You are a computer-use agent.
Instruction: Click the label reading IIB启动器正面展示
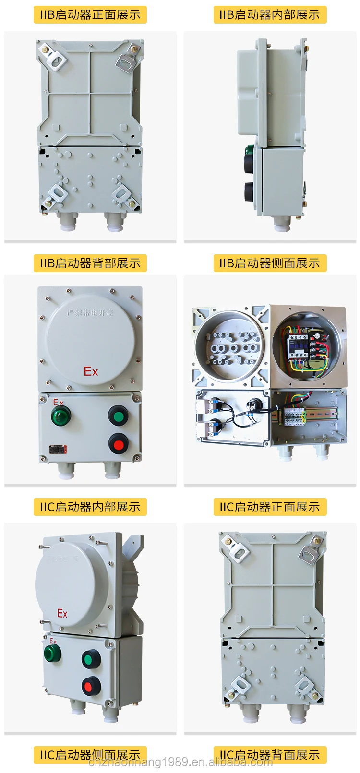pos(90,15)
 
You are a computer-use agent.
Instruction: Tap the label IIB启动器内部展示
pos(270,15)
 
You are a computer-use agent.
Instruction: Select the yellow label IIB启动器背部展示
pos(90,263)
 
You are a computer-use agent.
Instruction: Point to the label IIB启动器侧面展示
pos(270,263)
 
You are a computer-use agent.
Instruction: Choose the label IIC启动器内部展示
pos(90,507)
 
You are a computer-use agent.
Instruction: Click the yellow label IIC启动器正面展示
pos(270,507)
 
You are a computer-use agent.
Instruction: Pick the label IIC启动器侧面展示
pos(90,755)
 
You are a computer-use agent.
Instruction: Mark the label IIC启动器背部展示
pos(270,755)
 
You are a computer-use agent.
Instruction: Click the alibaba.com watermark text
pos(180,762)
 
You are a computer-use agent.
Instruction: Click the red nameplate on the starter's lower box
pos(58,450)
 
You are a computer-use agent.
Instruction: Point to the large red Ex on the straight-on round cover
pos(91,371)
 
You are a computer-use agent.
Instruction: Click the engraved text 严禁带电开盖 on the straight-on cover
pos(90,313)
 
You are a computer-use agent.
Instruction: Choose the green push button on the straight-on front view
pos(118,416)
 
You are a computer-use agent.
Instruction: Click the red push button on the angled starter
pos(90,685)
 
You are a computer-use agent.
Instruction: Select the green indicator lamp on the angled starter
pos(52,653)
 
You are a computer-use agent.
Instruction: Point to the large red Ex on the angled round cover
pos(62,613)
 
